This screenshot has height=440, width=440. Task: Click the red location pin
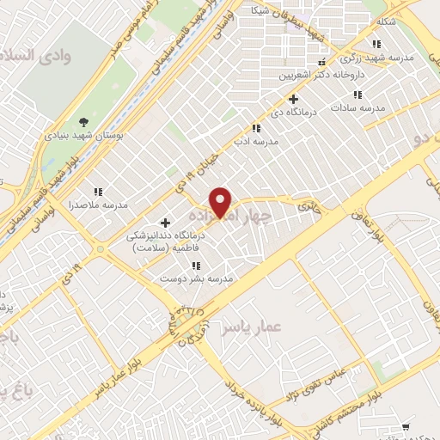click(x=222, y=201)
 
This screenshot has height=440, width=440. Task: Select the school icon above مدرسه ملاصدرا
click(x=98, y=192)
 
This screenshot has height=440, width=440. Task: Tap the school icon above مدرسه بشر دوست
click(x=196, y=266)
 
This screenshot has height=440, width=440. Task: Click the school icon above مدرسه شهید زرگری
click(x=375, y=44)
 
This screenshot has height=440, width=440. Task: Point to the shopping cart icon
click(x=406, y=425)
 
